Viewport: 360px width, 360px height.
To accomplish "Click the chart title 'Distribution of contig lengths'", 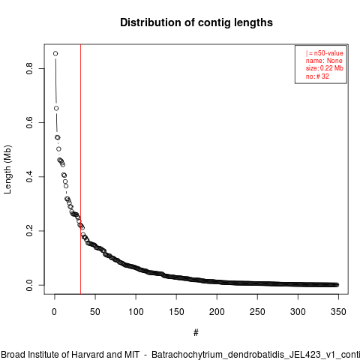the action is (x=196, y=22).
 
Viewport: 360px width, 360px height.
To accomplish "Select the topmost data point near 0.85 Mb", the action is (x=55, y=53).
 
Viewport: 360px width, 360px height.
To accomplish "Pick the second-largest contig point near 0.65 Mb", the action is (x=56, y=108).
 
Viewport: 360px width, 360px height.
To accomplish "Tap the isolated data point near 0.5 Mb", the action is (x=58, y=149).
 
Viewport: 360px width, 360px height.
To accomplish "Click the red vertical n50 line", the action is (x=80, y=169).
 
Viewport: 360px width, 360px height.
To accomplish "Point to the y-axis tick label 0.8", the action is (x=29, y=68).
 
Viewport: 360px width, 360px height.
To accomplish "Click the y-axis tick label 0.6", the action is (x=29, y=122).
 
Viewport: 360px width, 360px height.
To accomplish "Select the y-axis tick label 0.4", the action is (x=29, y=176).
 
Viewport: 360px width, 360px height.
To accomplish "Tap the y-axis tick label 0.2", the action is (x=29, y=230).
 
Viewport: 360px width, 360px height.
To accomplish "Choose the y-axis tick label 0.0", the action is (x=29, y=285).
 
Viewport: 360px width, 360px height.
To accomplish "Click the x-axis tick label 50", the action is (x=95, y=312).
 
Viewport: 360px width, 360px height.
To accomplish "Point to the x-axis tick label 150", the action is (x=176, y=312).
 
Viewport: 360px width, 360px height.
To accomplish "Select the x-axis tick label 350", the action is (x=338, y=312).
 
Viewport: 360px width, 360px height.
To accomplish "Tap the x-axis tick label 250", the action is (x=257, y=312).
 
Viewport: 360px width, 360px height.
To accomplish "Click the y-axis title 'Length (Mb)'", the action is (x=7, y=169).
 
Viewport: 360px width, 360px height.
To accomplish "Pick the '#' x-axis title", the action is (x=196, y=333).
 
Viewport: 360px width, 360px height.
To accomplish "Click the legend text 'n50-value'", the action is (x=328, y=53).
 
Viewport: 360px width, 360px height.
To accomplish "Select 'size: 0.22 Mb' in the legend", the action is (x=324, y=68).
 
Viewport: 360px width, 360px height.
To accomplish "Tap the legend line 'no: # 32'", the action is (x=317, y=76).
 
